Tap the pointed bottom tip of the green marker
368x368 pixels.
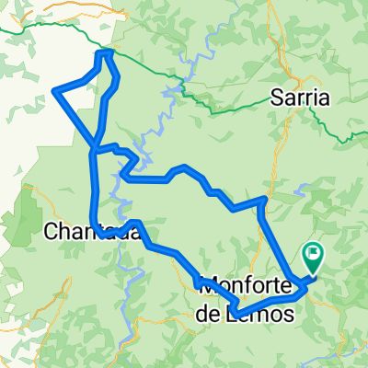313,273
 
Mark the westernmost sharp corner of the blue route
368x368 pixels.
56,90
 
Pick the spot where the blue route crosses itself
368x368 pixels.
95,148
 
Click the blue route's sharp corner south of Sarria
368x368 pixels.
264,198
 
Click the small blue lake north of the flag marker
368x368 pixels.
303,192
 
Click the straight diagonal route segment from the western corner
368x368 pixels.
75,119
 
